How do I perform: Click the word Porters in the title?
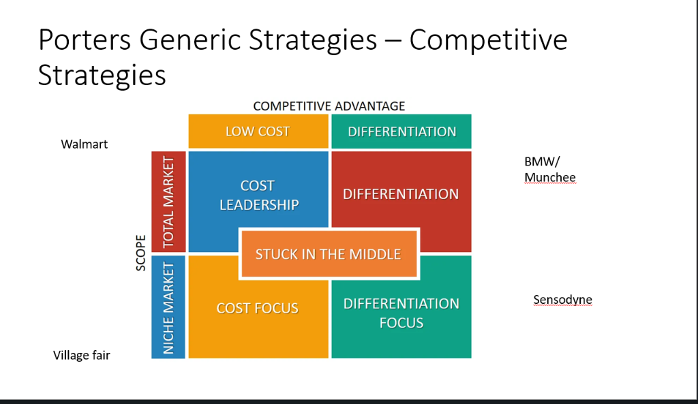click(x=85, y=40)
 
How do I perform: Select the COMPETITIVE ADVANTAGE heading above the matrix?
click(x=329, y=106)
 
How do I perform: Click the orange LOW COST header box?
click(x=258, y=131)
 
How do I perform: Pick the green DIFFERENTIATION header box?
click(x=401, y=131)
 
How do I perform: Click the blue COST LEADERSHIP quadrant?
click(x=259, y=195)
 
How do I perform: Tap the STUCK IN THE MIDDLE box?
click(x=328, y=254)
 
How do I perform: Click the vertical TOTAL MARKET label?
click(x=168, y=202)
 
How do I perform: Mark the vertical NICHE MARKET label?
click(x=168, y=307)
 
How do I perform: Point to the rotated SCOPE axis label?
click(x=141, y=253)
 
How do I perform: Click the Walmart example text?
click(x=85, y=144)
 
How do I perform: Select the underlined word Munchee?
click(x=549, y=177)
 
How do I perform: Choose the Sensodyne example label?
click(x=562, y=299)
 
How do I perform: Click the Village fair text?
click(x=82, y=355)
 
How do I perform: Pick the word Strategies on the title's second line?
click(x=102, y=75)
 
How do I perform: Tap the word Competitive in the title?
click(x=488, y=40)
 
